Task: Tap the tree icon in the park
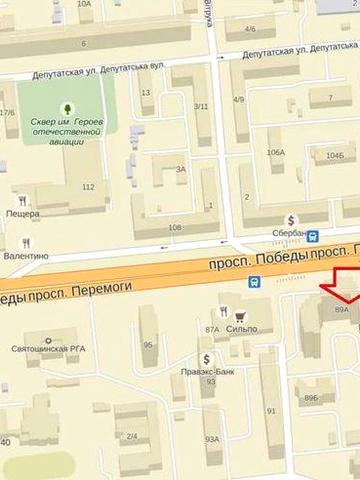pyautogui.click(x=65, y=107)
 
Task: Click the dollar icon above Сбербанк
pyautogui.click(x=291, y=220)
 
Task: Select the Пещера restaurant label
pyautogui.click(x=22, y=214)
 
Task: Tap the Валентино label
pyautogui.click(x=26, y=256)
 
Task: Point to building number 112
pyautogui.click(x=88, y=187)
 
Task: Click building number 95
pyautogui.click(x=148, y=346)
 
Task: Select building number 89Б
pyautogui.click(x=311, y=397)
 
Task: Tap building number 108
pyautogui.click(x=176, y=228)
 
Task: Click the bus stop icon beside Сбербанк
pyautogui.click(x=315, y=238)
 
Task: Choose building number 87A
pyautogui.click(x=211, y=328)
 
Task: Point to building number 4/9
pyautogui.click(x=239, y=100)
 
